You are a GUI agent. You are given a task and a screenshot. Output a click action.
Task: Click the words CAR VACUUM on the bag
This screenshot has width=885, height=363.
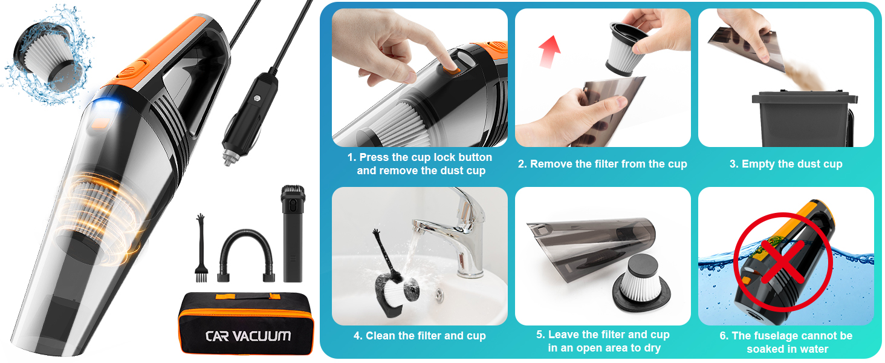(248, 336)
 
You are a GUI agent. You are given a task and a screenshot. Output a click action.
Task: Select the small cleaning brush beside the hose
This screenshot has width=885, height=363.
(198, 248)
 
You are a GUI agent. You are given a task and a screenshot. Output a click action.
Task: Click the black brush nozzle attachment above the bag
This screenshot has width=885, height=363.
(293, 233)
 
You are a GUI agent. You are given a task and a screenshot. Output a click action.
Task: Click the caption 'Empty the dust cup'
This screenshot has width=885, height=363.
(786, 164)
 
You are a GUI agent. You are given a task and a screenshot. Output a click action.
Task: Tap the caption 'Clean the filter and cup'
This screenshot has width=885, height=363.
(420, 336)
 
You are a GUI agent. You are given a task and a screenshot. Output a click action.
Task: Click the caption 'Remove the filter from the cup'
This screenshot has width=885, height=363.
(602, 164)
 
